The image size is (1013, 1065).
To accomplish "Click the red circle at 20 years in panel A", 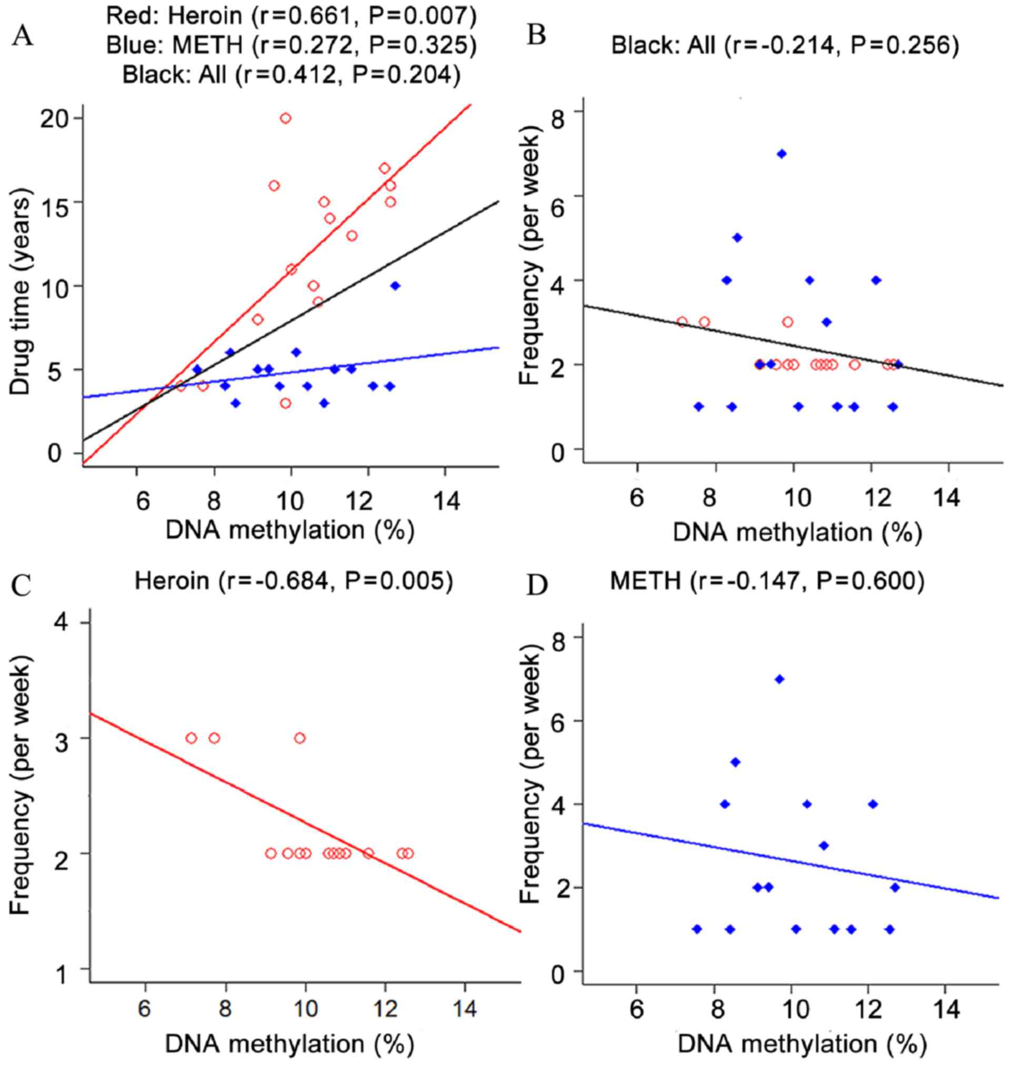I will (x=286, y=118).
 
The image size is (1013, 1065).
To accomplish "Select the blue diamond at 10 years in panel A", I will (x=395, y=286).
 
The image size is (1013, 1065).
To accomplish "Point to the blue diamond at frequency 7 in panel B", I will (x=781, y=154).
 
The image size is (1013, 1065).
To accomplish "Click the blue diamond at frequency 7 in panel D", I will (x=779, y=679).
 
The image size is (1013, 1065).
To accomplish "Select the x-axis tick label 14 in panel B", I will (x=949, y=497).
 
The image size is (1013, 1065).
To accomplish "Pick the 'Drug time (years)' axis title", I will (x=21, y=286).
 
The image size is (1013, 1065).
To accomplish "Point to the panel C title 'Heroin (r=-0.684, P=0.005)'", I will (x=293, y=581).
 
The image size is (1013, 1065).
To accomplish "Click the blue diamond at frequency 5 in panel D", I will (x=735, y=761).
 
